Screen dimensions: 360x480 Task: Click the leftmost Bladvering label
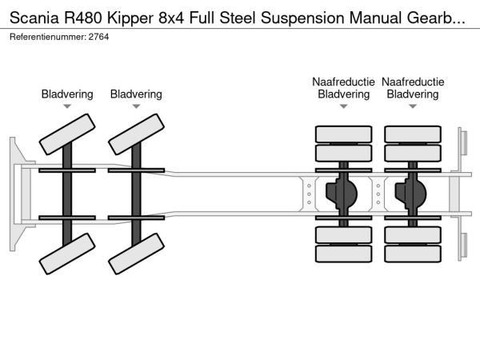coord(67,94)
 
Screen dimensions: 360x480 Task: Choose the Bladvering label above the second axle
coord(136,94)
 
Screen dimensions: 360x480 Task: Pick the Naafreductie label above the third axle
coord(343,82)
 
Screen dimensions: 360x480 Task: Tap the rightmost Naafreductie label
coord(413,82)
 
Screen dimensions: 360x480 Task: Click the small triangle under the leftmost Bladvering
coord(67,106)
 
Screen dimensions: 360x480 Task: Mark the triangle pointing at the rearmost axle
coord(413,106)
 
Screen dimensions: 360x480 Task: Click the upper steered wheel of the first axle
coord(67,134)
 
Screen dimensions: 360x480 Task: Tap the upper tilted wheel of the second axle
coord(136,134)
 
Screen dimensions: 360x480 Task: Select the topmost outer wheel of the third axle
coord(343,134)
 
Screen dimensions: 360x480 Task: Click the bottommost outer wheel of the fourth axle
coord(413,254)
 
